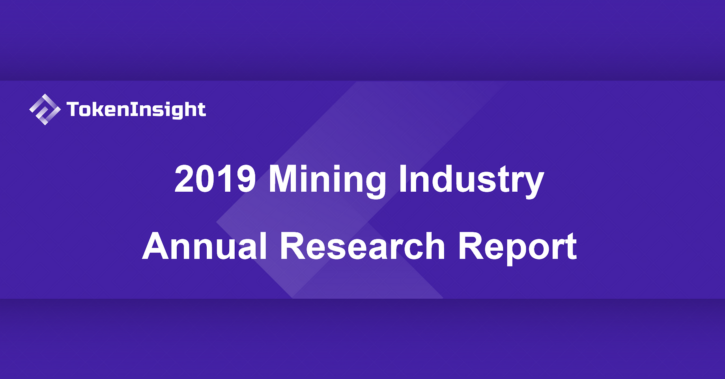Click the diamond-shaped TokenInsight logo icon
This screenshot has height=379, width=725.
45,109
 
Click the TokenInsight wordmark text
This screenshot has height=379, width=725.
136,110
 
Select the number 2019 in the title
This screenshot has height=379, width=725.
215,179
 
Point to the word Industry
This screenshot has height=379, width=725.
471,180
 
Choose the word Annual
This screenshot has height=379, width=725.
205,246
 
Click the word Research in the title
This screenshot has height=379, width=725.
363,246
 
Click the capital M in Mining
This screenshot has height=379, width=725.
284,179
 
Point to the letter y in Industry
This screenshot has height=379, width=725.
534,185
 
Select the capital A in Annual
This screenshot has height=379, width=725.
156,245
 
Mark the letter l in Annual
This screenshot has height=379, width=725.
264,245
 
